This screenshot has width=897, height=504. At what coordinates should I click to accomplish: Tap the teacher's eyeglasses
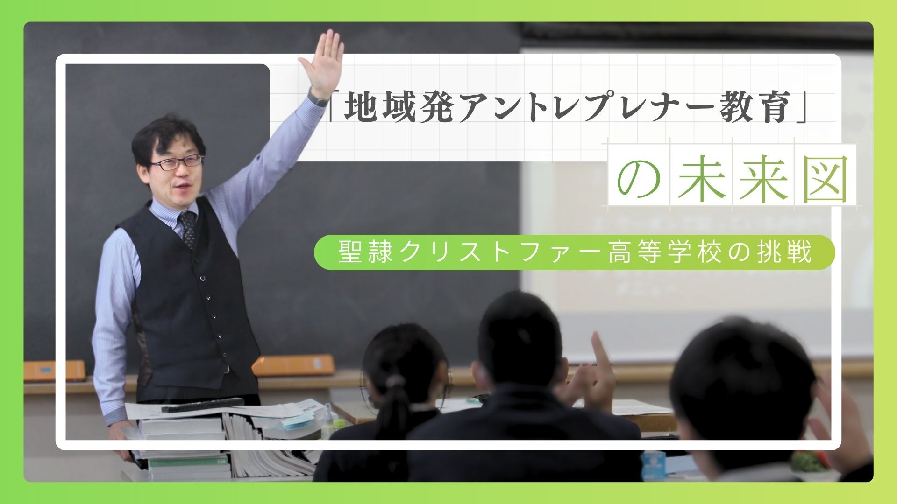click(x=177, y=163)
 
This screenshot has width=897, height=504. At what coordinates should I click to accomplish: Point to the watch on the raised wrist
click(x=318, y=98)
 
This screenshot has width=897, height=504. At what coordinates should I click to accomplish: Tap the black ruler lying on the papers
click(x=203, y=404)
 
